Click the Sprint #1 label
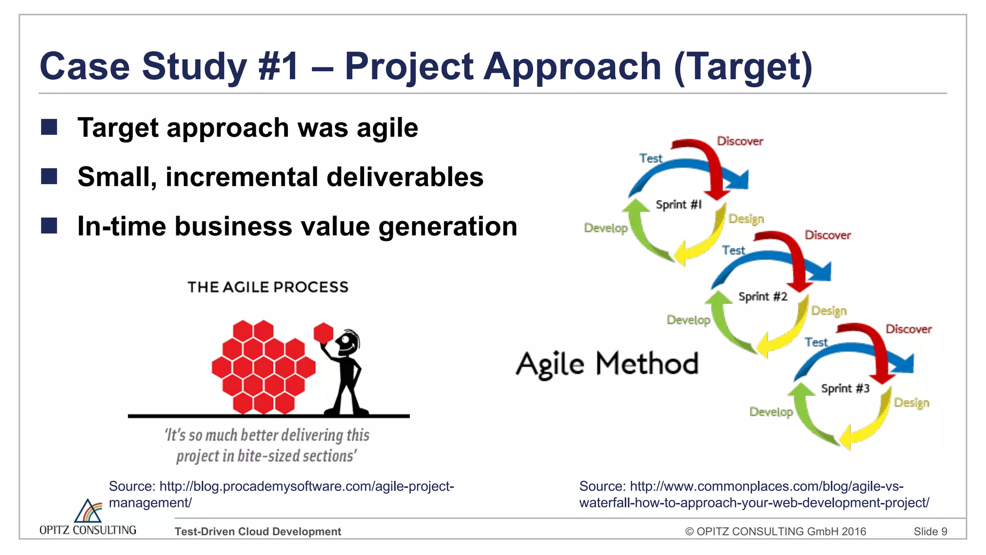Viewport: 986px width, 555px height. click(678, 205)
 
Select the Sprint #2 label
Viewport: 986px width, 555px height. click(763, 297)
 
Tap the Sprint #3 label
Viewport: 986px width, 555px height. click(845, 388)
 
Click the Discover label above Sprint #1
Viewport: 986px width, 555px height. click(740, 141)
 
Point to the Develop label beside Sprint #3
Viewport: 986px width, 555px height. click(771, 412)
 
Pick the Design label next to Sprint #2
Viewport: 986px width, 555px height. click(829, 311)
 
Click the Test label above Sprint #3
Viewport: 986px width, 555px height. click(816, 342)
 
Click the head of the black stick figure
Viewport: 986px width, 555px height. click(347, 342)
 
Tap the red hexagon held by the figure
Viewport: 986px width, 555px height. click(324, 332)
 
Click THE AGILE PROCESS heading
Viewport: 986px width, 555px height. click(268, 287)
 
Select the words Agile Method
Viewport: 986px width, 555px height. click(607, 364)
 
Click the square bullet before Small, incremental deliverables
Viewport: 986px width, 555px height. click(49, 176)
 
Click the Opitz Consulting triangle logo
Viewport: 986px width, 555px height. click(88, 511)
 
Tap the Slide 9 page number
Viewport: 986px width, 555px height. click(930, 531)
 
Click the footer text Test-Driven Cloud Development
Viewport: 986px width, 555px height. click(258, 531)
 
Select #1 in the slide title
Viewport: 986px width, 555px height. click(279, 66)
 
